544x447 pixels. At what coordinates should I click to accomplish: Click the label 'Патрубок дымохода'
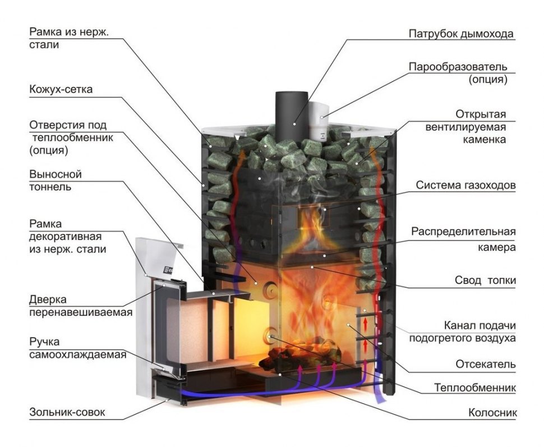tap(460, 34)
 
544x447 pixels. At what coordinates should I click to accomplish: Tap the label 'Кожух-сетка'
tap(61, 89)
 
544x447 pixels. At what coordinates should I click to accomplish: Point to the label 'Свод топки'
tap(485, 280)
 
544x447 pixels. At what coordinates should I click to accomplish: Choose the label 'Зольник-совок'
tap(67, 413)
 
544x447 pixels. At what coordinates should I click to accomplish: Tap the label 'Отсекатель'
tap(486, 364)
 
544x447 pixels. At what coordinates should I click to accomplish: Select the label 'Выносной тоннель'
tap(56, 180)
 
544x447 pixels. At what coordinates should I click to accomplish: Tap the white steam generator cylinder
tap(317, 121)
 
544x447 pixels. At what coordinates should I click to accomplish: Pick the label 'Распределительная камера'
tap(463, 239)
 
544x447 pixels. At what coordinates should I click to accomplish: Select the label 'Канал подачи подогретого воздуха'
tap(462, 331)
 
